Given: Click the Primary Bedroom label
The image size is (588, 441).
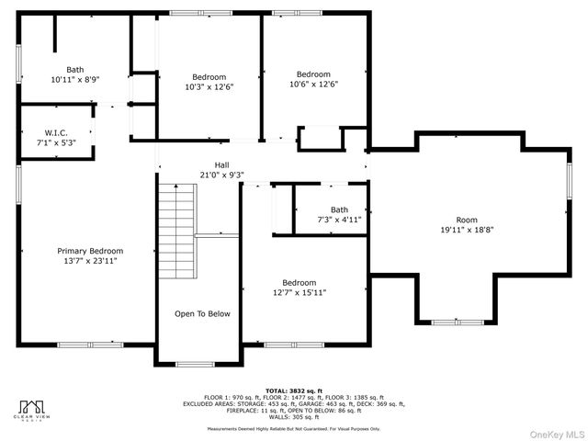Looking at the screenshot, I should pos(90,251).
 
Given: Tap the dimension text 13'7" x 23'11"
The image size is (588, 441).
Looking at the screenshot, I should pos(90,261).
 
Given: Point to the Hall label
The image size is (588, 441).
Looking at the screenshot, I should pos(221,164).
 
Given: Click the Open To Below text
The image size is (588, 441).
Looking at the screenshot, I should pos(202,313).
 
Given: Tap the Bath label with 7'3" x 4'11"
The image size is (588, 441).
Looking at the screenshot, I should pos(339,209).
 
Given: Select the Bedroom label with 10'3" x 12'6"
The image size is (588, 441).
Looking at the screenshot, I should pos(209,77).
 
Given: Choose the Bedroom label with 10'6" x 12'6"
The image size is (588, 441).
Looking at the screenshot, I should pos(312,73).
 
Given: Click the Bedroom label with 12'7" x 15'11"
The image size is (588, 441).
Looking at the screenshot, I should pos(299,282).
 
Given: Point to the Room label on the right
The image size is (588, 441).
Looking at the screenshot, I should pos(467,220).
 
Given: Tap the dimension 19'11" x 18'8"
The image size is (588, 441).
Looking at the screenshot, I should pos(467,231).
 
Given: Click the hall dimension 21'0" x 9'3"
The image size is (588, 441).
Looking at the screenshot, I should pos(221,175).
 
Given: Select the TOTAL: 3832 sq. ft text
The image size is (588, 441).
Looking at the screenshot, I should pos(293,390).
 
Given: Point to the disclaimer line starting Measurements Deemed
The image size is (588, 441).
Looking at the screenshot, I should pos(293,428).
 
